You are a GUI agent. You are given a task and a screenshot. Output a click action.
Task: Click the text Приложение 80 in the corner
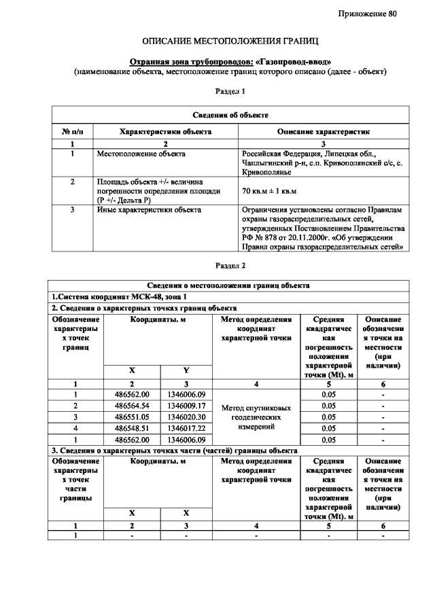[x=367, y=14]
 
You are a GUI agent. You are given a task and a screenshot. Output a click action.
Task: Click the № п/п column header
[x=73, y=132]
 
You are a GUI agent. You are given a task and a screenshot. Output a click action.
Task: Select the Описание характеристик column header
[x=323, y=132]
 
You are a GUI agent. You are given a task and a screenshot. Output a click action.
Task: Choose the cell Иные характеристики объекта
[x=149, y=210]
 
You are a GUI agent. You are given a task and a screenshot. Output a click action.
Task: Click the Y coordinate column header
[x=186, y=370]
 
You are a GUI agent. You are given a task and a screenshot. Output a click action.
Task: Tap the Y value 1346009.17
[x=186, y=405]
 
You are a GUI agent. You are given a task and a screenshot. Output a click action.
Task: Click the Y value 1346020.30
[x=186, y=417]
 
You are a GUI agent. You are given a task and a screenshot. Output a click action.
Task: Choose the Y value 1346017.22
[x=186, y=427]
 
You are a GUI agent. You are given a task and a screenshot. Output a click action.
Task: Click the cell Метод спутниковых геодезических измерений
[x=256, y=417]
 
